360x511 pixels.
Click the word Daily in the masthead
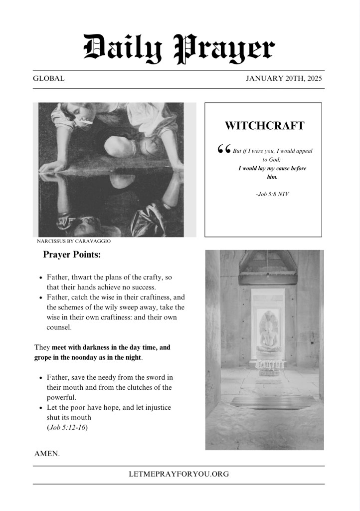click(x=123, y=48)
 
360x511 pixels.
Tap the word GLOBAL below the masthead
click(x=48, y=78)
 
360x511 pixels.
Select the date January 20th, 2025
click(x=284, y=78)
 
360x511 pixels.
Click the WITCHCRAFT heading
click(x=264, y=126)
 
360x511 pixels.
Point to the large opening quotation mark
click(x=224, y=149)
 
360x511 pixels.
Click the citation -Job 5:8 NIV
click(x=272, y=194)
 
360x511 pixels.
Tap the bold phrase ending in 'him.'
click(x=272, y=173)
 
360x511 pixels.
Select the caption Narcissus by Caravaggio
click(x=74, y=241)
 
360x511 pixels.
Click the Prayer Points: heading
click(x=72, y=255)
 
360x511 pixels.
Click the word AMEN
click(x=47, y=454)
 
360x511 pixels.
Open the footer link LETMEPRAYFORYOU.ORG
click(x=179, y=474)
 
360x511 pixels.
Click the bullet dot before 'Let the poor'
click(x=40, y=408)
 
